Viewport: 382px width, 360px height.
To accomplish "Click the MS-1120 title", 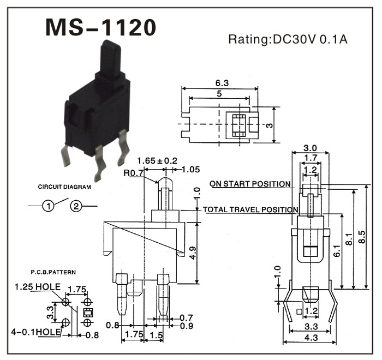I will [x=100, y=27].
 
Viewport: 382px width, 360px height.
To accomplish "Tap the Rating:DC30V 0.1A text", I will [x=288, y=39].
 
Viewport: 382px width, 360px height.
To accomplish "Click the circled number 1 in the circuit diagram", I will [x=49, y=206].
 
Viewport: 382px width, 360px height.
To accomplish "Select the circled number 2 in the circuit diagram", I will [x=76, y=206].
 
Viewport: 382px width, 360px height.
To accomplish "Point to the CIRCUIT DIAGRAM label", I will [x=64, y=187].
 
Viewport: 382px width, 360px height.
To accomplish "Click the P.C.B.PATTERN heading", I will [x=53, y=271].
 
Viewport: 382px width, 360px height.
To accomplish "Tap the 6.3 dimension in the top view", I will [x=222, y=83].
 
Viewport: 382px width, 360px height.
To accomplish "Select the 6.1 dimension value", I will [x=337, y=251].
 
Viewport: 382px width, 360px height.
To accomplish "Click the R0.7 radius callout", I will [x=133, y=173].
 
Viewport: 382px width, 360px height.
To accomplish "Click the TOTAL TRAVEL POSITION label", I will [x=250, y=209].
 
